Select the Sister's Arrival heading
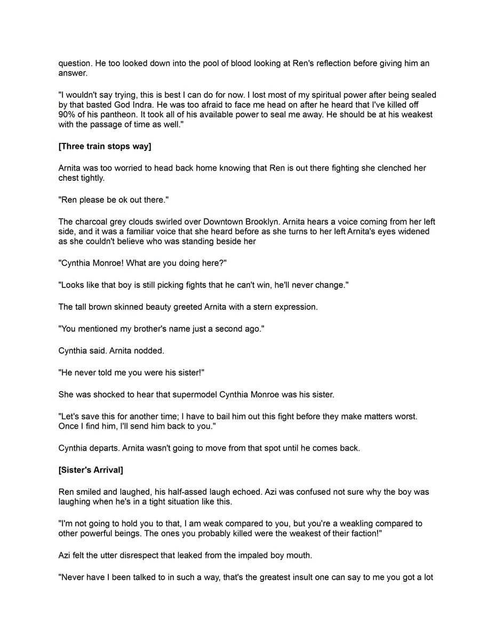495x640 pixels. coord(91,470)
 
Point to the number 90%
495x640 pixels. coord(68,115)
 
